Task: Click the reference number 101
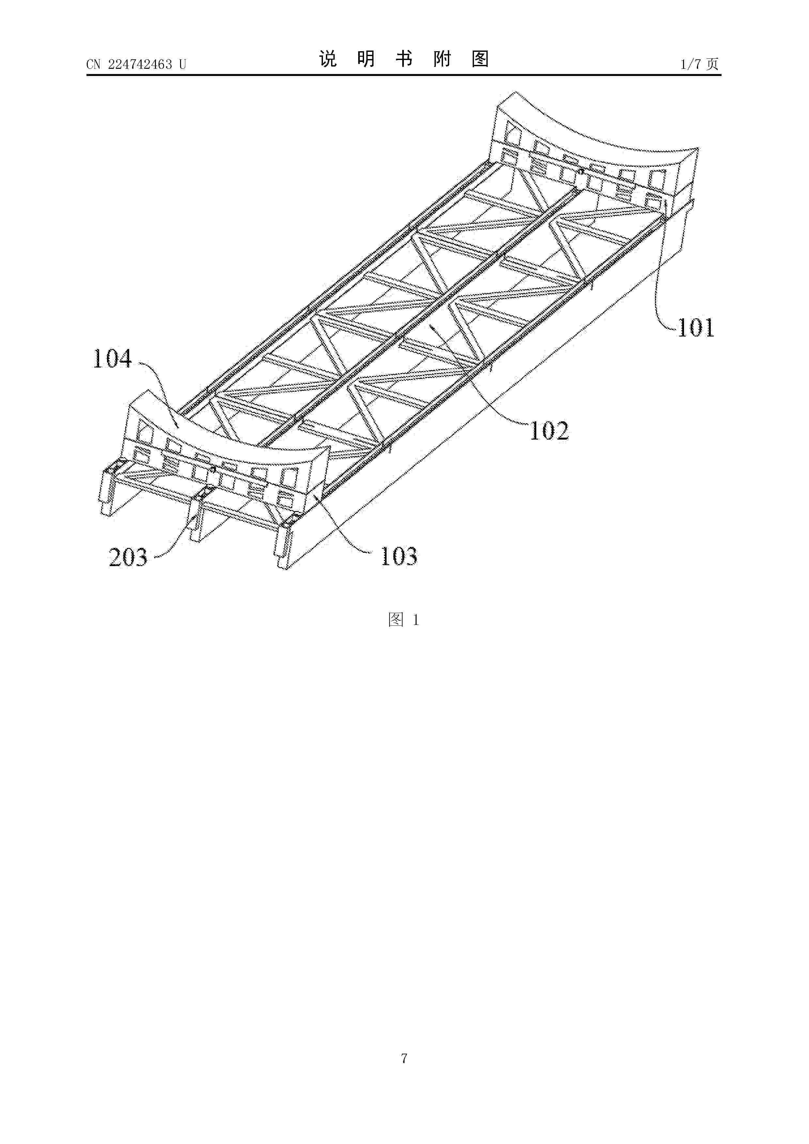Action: pos(696,327)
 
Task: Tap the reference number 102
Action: pos(549,430)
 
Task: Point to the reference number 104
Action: pos(113,358)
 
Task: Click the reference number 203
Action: pos(128,557)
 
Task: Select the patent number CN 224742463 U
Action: pos(136,64)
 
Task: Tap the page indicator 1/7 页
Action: pos(699,64)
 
